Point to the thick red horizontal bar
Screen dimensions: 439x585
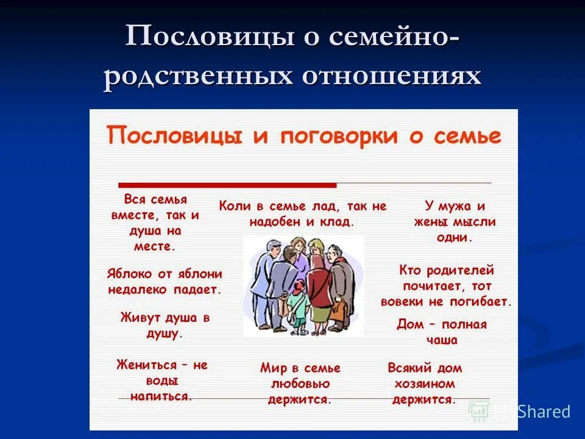[227, 185]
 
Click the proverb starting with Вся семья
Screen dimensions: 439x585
[155, 223]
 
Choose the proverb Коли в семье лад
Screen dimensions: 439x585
[302, 214]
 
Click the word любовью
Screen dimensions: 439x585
[300, 384]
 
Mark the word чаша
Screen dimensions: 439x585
[442, 340]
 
